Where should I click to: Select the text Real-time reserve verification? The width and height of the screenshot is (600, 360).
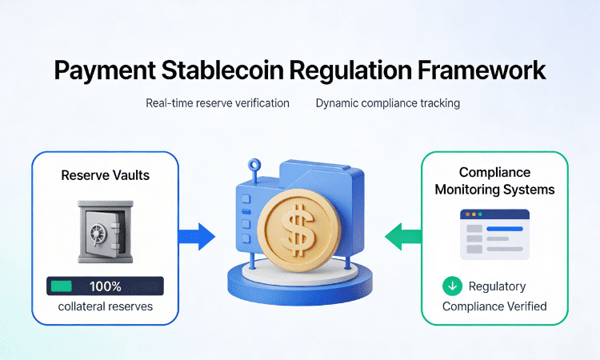(218, 103)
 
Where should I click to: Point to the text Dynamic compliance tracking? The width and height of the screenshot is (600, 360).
(388, 103)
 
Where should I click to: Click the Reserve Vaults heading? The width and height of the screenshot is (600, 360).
(104, 175)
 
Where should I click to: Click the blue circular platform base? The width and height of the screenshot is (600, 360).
(300, 280)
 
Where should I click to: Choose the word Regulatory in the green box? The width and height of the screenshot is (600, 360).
(497, 286)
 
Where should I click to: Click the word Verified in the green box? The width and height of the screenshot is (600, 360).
(525, 306)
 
